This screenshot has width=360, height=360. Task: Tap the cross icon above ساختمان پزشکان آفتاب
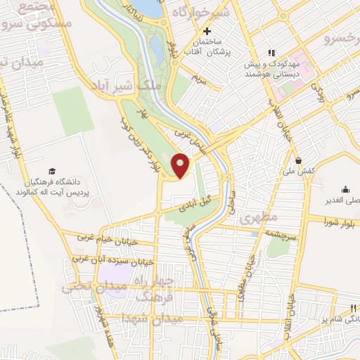pyautogui.click(x=207, y=31)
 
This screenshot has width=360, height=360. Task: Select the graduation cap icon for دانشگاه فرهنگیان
pyautogui.click(x=52, y=171)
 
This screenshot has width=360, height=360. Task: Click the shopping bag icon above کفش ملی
pyautogui.click(x=299, y=160)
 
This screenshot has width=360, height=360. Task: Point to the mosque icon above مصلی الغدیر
pyautogui.click(x=345, y=188)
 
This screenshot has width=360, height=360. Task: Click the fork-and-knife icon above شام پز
pyautogui.click(x=354, y=309)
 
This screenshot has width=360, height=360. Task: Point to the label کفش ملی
pyautogui.click(x=299, y=172)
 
